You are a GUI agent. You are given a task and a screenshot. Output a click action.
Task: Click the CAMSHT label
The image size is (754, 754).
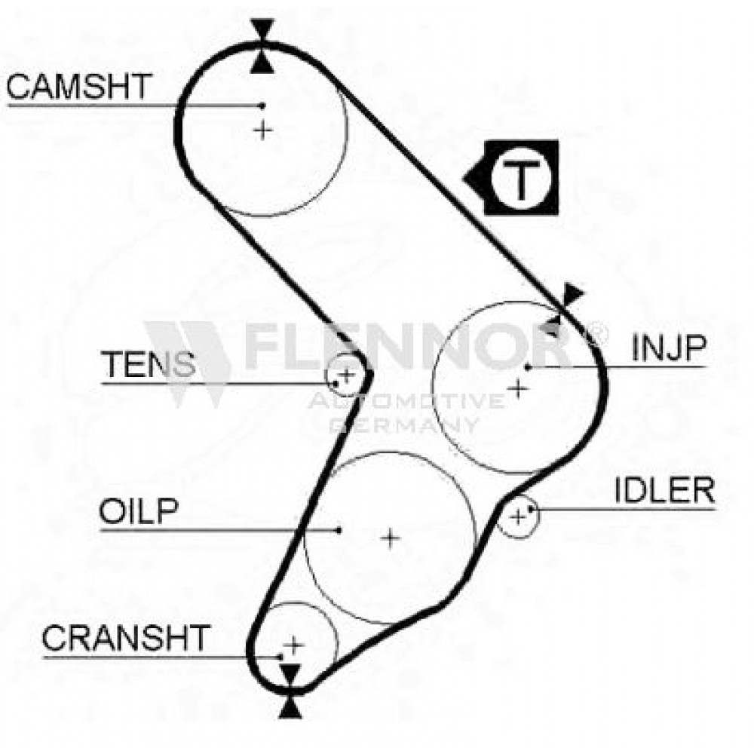point(79,87)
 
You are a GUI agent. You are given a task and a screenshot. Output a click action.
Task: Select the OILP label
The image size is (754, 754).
point(139,511)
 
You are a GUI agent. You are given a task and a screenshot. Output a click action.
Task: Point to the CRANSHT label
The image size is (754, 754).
point(126,638)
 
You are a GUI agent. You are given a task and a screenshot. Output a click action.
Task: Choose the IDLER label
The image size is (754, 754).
point(664,490)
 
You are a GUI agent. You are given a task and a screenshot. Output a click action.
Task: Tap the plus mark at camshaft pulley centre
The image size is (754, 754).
point(262,130)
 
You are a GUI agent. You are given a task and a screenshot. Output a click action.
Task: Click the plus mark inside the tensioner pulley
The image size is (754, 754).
point(346,374)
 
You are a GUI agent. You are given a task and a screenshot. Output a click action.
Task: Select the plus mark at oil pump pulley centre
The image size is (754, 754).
point(390,538)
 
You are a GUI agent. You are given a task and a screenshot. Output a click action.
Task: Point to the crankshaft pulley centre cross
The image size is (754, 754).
point(293,645)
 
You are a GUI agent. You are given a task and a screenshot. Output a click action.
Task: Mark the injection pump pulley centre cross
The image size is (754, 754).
point(518,388)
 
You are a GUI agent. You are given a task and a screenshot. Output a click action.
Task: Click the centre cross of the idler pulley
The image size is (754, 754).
point(517,517)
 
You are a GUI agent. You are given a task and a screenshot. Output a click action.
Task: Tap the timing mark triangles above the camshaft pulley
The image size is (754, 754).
point(262,46)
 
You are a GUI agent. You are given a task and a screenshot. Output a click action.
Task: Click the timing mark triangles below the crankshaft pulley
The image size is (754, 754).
point(290,691)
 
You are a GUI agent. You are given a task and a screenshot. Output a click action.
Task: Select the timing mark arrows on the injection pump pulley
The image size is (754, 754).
point(561,309)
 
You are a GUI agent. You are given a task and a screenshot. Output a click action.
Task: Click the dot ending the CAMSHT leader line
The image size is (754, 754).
point(262,106)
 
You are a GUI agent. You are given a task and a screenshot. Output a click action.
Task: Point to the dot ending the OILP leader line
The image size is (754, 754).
point(339,530)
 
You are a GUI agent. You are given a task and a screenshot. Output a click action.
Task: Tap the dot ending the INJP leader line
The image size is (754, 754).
point(528,367)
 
